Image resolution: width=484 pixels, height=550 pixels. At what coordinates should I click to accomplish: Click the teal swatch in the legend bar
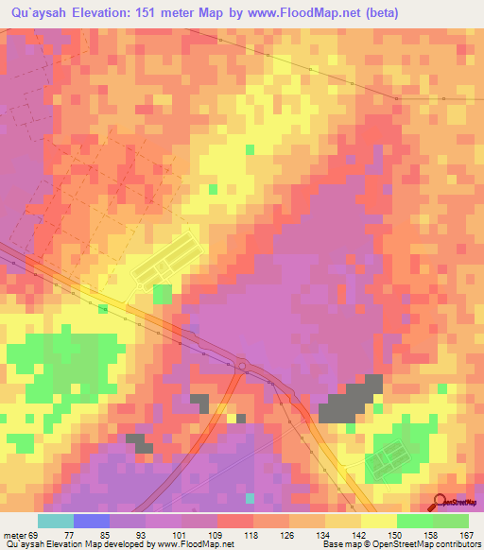[56, 521]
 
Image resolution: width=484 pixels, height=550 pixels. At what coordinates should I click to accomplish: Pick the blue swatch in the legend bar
[92, 521]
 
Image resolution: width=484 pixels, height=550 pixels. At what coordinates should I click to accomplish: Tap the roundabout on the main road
[242, 366]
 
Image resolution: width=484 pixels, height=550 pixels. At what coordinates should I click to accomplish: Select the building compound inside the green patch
[383, 460]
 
